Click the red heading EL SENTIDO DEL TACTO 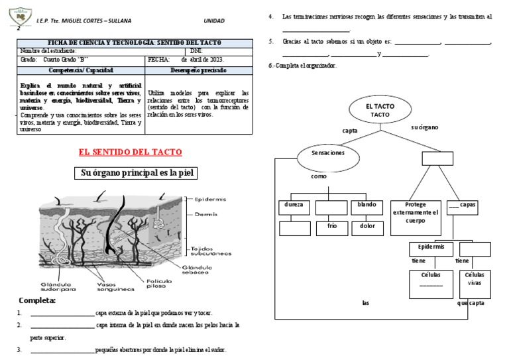coord(130,152)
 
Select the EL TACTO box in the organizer coord(380,110)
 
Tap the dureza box coord(294,207)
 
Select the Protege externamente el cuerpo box coord(416,216)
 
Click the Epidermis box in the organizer coord(431,249)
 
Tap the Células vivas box coord(475,283)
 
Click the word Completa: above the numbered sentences coord(37,301)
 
